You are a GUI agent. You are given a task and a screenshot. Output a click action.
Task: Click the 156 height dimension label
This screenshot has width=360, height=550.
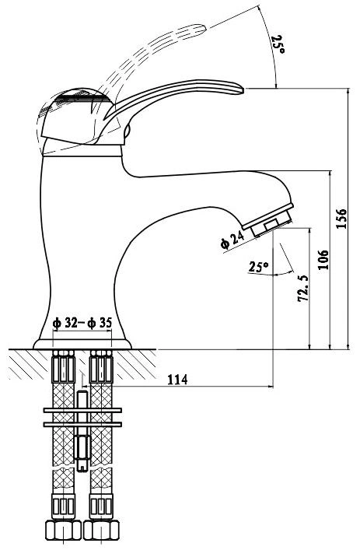click(341, 219)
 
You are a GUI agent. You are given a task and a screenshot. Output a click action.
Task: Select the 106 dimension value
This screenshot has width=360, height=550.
click(323, 260)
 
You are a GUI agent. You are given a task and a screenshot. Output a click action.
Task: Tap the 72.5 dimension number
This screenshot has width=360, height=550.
click(303, 289)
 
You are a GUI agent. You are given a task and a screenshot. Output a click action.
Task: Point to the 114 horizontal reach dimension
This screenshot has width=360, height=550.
click(177, 379)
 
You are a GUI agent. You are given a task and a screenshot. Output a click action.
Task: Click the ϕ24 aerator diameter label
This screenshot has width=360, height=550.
click(232, 240)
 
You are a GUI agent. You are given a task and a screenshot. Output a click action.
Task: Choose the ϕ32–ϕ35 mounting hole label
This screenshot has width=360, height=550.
click(82, 323)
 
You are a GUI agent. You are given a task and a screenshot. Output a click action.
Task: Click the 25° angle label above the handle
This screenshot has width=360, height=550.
click(278, 44)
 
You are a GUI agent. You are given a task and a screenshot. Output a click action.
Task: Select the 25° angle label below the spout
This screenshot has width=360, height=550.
click(258, 267)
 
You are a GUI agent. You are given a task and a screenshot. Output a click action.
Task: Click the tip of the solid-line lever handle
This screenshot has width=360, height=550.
click(243, 89)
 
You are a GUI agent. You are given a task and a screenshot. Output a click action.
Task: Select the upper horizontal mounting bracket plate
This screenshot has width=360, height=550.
click(82, 410)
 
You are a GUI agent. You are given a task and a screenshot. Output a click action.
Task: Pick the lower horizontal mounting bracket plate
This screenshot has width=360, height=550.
click(82, 425)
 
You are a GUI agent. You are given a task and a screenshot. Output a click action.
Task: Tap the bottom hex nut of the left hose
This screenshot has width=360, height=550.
click(63, 530)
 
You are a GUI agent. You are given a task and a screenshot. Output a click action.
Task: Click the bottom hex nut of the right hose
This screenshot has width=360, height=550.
click(101, 530)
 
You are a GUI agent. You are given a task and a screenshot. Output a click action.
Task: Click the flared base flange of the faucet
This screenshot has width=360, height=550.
click(82, 344)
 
